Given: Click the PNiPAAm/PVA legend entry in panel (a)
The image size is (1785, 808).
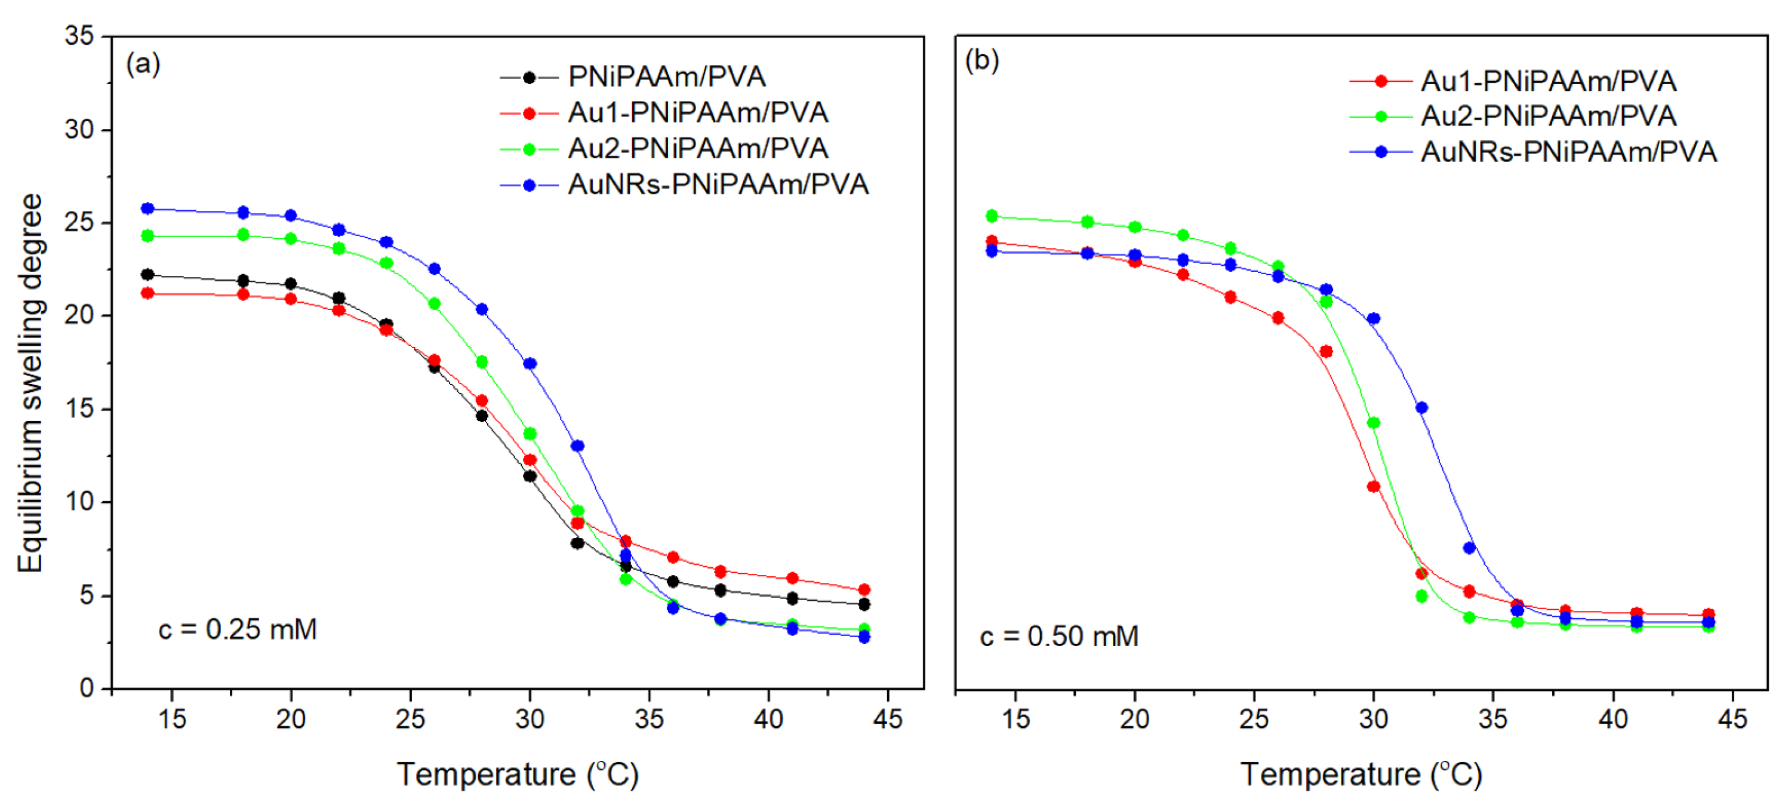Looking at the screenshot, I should point(665,77).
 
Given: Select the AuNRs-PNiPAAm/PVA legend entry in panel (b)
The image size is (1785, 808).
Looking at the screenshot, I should point(1568,152).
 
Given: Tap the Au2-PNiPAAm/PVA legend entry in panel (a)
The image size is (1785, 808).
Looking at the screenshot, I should point(697,148).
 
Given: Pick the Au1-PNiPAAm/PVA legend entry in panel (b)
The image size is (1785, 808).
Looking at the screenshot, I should point(1547,81).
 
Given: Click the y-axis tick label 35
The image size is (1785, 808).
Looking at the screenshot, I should point(79,35).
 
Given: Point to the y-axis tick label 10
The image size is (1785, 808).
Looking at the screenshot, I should point(79,501).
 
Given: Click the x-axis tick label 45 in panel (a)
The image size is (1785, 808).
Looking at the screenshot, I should point(888,718).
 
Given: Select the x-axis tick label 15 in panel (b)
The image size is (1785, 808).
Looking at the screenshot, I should point(1016,718).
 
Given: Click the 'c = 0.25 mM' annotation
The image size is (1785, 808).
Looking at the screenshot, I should point(238,629).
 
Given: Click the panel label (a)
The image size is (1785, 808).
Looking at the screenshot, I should point(143,64).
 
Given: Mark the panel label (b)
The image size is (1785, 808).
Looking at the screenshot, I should point(982,61).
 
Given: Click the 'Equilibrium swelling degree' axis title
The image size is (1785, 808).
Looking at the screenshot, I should point(30,383).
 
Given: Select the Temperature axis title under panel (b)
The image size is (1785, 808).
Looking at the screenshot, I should point(1360,774).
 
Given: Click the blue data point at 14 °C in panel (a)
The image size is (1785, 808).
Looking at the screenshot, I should point(147,208).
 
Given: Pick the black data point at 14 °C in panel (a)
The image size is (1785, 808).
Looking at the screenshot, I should point(147,275).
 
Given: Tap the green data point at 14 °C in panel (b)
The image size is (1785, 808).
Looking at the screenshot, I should point(992,216).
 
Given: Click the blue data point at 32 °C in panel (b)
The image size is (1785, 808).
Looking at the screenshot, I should point(1421,407).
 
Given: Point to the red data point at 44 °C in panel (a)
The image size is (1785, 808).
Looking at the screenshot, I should point(864,589).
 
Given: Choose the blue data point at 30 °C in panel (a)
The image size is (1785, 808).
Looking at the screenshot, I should point(530,364).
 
